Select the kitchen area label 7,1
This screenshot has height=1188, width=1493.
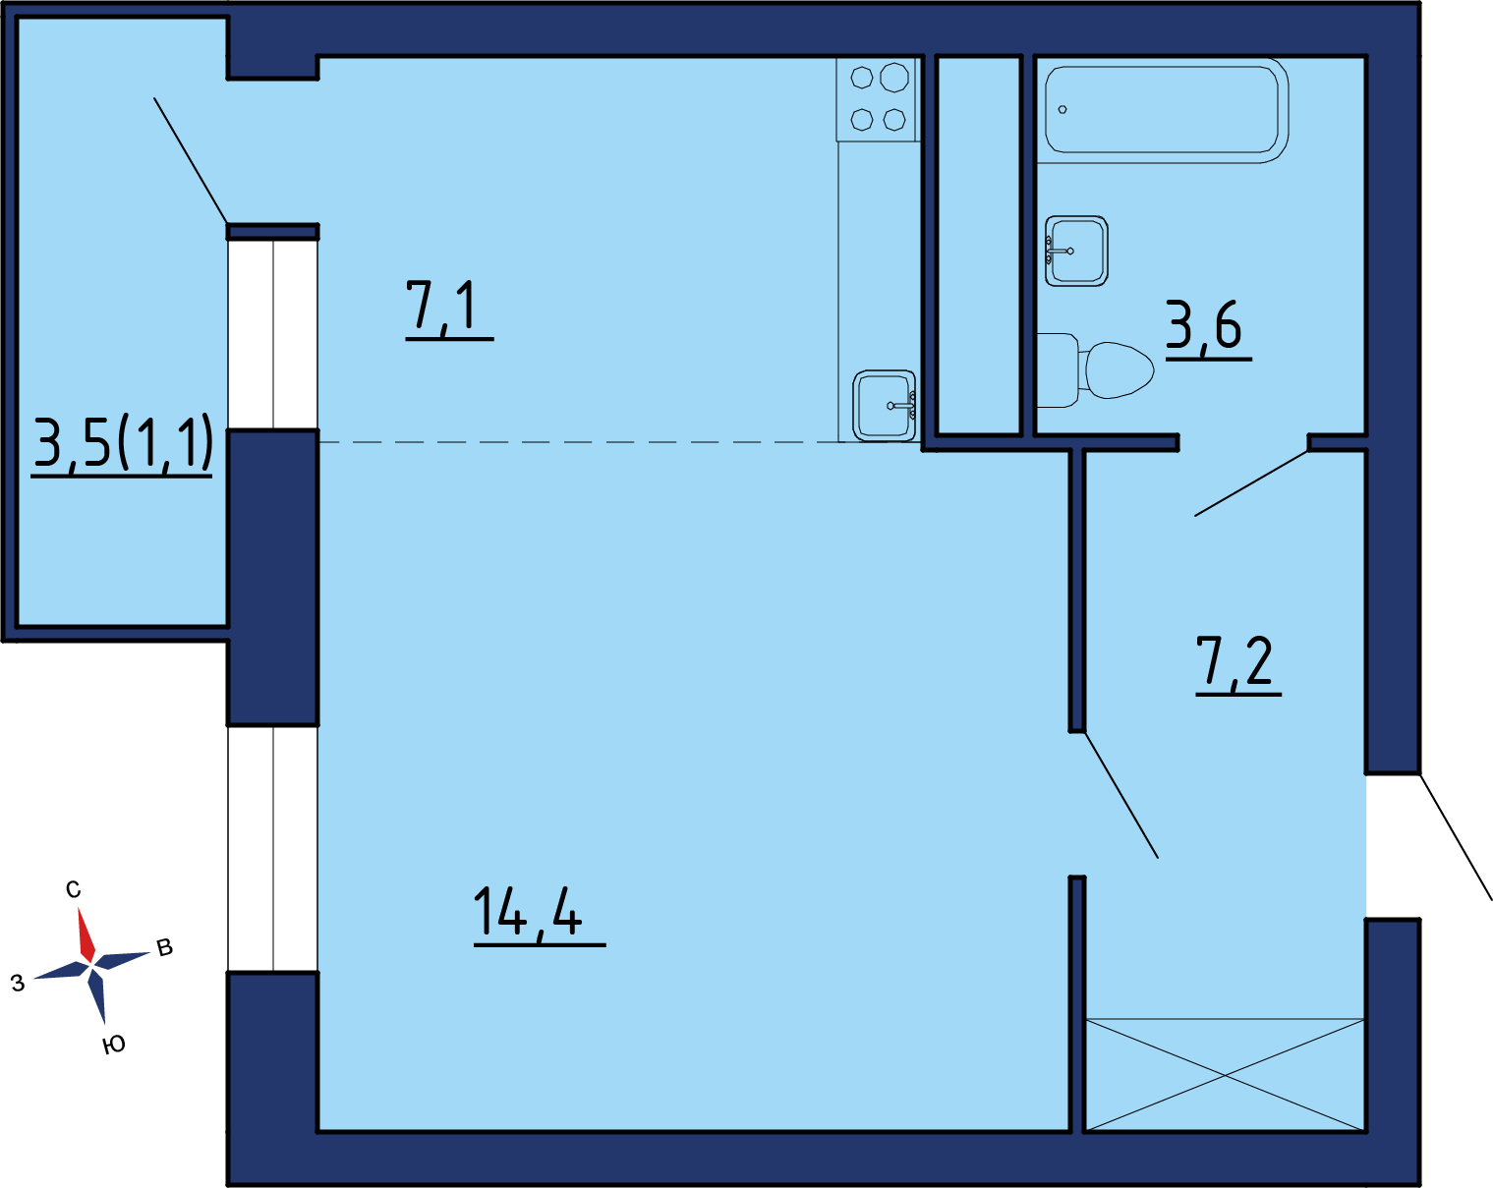pyautogui.click(x=441, y=305)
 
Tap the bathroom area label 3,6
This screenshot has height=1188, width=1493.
pyautogui.click(x=1203, y=324)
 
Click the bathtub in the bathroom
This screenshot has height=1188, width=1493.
pyautogui.click(x=1162, y=110)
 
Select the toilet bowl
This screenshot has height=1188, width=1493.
pyautogui.click(x=1095, y=370)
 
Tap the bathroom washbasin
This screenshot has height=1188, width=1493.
pyautogui.click(x=1076, y=251)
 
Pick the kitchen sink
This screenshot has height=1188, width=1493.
pyautogui.click(x=884, y=406)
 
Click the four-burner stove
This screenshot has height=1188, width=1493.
pyautogui.click(x=879, y=99)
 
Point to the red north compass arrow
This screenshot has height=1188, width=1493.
pyautogui.click(x=86, y=934)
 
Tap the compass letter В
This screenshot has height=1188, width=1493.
pyautogui.click(x=164, y=947)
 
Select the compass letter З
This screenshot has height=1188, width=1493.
pyautogui.click(x=18, y=983)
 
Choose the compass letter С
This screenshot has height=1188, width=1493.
pyautogui.click(x=74, y=889)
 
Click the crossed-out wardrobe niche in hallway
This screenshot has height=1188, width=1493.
pyautogui.click(x=1225, y=1075)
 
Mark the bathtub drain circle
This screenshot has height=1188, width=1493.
pyautogui.click(x=1062, y=110)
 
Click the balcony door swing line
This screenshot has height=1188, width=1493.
pyautogui.click(x=191, y=160)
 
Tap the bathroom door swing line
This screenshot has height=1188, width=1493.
pyautogui.click(x=1251, y=483)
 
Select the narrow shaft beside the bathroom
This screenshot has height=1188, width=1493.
pyautogui.click(x=978, y=246)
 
